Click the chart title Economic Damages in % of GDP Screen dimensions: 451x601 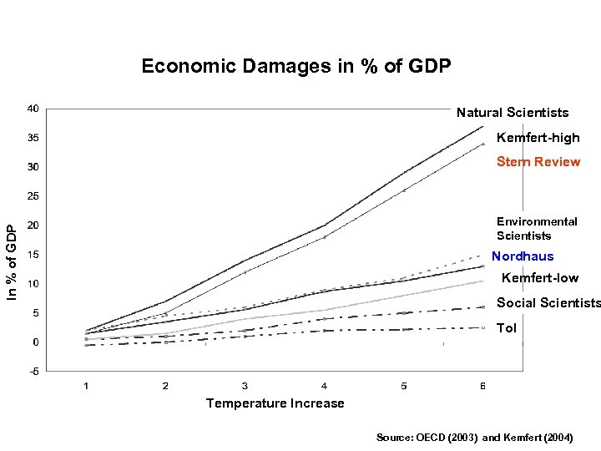click(296, 66)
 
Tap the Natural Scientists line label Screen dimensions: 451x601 click(512, 112)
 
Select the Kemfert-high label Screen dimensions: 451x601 click(538, 137)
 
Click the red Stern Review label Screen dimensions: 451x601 click(538, 161)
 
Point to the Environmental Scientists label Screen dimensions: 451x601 click(536, 228)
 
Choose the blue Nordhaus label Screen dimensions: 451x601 click(523, 256)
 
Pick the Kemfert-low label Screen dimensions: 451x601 click(539, 277)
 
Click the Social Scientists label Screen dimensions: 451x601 click(548, 302)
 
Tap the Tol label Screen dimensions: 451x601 click(507, 328)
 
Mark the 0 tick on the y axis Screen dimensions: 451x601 click(35, 342)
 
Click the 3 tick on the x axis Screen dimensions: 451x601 click(245, 386)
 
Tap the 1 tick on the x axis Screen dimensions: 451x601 click(86, 386)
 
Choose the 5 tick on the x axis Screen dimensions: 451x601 click(404, 386)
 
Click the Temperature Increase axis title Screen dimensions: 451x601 click(275, 403)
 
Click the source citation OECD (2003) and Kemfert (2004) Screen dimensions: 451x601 click(474, 437)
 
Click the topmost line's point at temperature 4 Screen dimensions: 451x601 click(325, 225)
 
